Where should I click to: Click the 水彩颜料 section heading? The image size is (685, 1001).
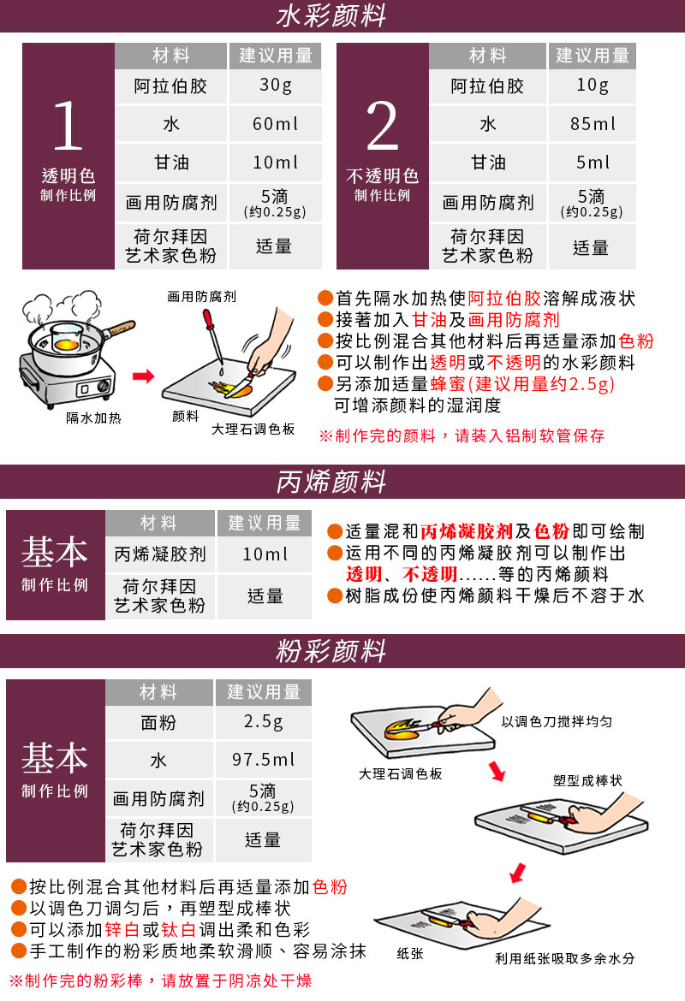(331, 15)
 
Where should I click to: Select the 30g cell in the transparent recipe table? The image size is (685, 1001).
(276, 86)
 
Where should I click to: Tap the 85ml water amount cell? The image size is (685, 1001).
(593, 123)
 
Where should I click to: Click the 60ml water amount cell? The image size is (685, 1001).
(276, 124)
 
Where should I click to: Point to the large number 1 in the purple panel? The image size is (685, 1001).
(68, 125)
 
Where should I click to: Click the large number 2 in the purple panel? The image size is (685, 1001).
(382, 125)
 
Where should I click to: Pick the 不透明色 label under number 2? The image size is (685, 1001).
(382, 175)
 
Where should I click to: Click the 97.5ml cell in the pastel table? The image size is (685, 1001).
(263, 759)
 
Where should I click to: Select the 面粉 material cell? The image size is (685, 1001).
(158, 723)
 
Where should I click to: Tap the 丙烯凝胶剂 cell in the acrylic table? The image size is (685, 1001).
(160, 554)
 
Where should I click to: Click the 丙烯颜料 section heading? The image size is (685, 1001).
(331, 482)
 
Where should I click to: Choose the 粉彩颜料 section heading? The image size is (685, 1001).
(331, 651)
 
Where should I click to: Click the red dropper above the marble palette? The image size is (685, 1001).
(213, 336)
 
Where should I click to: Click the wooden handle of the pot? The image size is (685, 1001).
(120, 329)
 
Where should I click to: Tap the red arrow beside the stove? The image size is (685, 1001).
(143, 376)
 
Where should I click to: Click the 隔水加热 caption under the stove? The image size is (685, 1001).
(93, 418)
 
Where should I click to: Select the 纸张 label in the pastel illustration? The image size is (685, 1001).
(409, 953)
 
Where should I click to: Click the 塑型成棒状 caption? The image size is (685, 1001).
(587, 780)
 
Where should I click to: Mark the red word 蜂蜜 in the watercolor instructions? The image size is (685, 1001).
(448, 383)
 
